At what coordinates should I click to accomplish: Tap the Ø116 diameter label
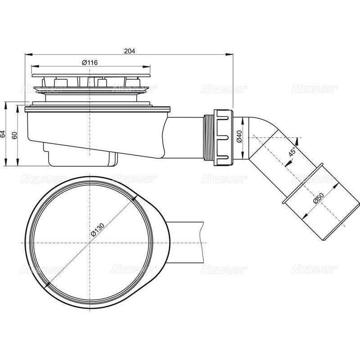tap(90, 63)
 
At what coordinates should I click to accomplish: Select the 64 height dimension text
tap(3, 134)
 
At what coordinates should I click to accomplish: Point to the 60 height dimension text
tap(14, 135)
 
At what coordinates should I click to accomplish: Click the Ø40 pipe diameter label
tap(239, 136)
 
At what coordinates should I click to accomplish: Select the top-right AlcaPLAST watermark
tap(314, 89)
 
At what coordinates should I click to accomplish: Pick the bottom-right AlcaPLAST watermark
tap(314, 269)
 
